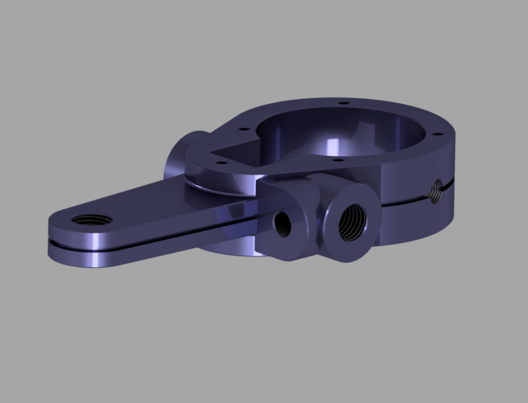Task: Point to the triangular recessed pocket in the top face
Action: point(227,150)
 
